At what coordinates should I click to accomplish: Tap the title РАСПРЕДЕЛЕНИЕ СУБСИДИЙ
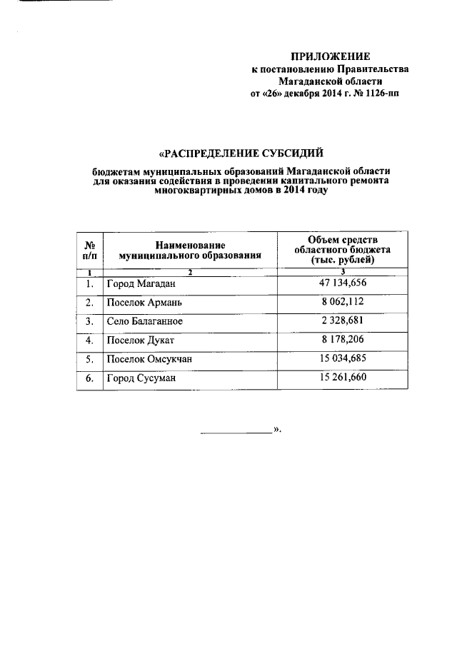pyautogui.click(x=241, y=152)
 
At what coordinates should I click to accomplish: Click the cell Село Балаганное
pyautogui.click(x=145, y=322)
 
